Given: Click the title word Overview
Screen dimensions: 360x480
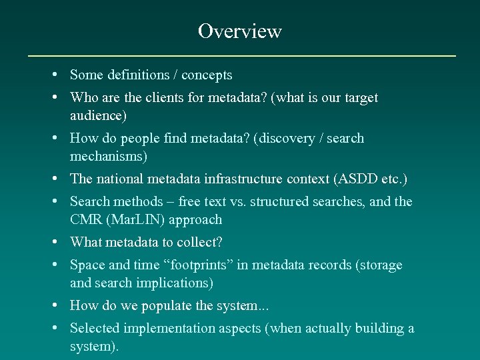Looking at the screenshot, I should (240, 31).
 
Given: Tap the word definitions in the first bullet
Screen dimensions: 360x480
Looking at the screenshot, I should (136, 75).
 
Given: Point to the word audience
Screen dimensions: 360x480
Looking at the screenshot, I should (96, 116).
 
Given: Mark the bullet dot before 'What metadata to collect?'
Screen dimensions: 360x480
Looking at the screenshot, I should (61, 242).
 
